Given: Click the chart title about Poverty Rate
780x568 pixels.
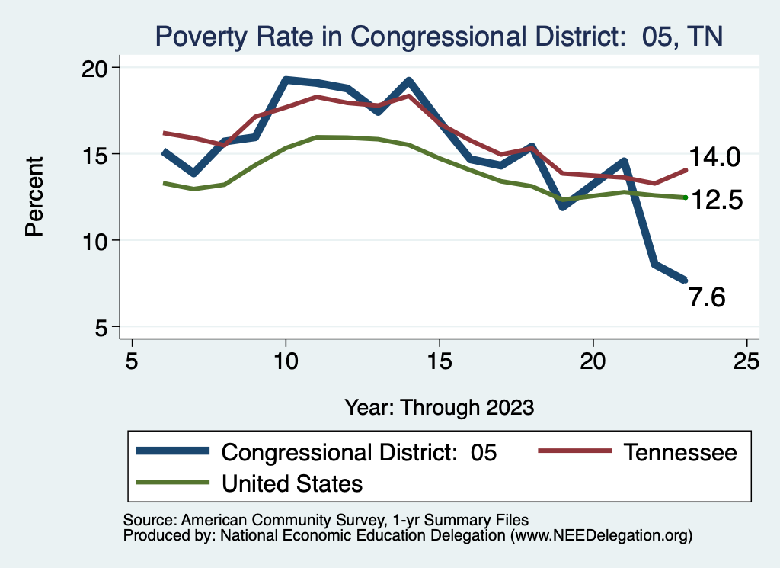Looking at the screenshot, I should point(439,36).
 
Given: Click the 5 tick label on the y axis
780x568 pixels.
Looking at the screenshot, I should point(101,328).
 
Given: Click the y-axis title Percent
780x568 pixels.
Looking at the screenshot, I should point(34,197).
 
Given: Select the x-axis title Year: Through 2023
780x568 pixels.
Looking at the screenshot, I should point(439,406).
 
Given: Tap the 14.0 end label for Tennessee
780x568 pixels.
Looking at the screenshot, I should point(714,158).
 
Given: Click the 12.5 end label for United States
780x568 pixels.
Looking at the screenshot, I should point(716,201).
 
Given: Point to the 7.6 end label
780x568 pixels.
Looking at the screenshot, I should point(706,297).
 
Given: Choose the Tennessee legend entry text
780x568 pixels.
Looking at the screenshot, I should point(680,452).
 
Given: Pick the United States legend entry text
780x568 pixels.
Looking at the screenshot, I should point(292,483).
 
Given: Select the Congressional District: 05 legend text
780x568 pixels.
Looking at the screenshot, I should point(359,452).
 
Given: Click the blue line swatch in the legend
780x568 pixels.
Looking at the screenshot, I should point(172,452).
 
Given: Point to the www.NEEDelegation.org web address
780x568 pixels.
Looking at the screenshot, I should point(601,535).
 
